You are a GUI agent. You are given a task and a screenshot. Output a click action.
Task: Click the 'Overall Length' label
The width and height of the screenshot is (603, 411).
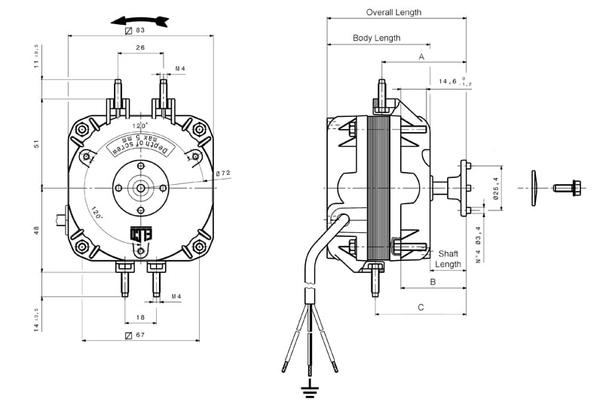point(393,12)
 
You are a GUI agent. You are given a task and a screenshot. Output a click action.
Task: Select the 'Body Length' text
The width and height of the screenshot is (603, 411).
point(376,38)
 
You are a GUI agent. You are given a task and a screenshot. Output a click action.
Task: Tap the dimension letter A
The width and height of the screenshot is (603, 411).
point(421,57)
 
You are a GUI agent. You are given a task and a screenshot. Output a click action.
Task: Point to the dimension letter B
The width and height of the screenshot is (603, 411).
point(432,281)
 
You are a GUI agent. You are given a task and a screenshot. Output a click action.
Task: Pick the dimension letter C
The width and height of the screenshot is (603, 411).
point(421,307)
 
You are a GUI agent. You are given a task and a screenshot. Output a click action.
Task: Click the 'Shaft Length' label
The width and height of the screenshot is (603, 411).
point(448,259)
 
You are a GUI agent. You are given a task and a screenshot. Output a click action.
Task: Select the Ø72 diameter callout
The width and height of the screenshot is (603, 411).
point(223,173)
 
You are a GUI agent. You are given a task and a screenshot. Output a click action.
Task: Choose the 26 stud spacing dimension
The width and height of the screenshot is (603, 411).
point(140,48)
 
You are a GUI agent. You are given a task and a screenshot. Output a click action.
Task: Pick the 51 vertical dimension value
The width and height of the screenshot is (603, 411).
point(36,143)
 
